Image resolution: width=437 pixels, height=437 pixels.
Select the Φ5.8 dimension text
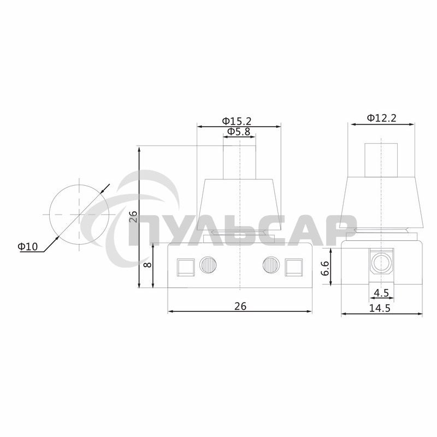coord(239,132)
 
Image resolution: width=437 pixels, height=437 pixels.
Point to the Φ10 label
coord(28,247)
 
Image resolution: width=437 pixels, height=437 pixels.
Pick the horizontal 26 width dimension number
coord(240,306)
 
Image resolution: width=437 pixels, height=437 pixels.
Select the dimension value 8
coord(146,266)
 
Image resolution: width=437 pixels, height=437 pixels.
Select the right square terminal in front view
coord(294,266)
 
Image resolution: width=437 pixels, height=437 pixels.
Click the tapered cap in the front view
coord(239,205)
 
